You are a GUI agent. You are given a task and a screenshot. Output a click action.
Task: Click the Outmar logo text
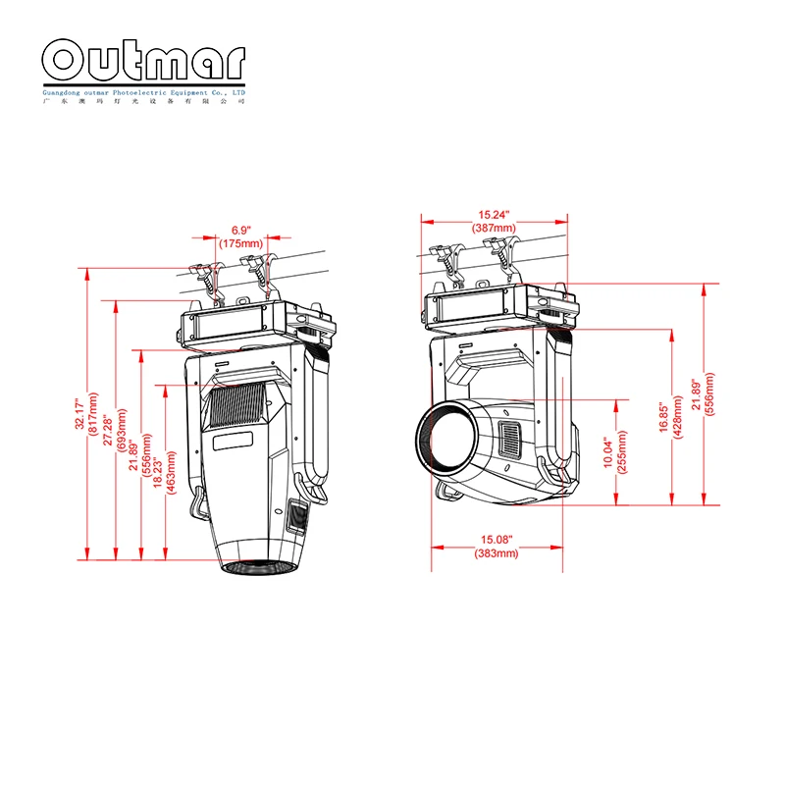tap(144, 62)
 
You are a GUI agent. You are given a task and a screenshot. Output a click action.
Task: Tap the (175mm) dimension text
tap(241, 242)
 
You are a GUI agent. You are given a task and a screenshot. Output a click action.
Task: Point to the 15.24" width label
tap(497, 215)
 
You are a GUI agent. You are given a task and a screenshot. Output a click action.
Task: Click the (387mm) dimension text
tap(497, 228)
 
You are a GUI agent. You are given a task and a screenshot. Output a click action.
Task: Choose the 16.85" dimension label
tap(664, 418)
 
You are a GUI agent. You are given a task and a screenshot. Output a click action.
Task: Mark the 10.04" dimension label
tap(607, 452)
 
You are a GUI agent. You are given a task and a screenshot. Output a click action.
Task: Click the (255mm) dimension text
tap(620, 452)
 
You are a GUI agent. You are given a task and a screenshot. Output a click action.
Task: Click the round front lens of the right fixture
tap(447, 438)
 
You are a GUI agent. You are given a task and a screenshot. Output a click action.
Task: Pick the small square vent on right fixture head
tap(510, 439)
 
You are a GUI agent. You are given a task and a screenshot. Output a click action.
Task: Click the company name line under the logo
tap(144, 91)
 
